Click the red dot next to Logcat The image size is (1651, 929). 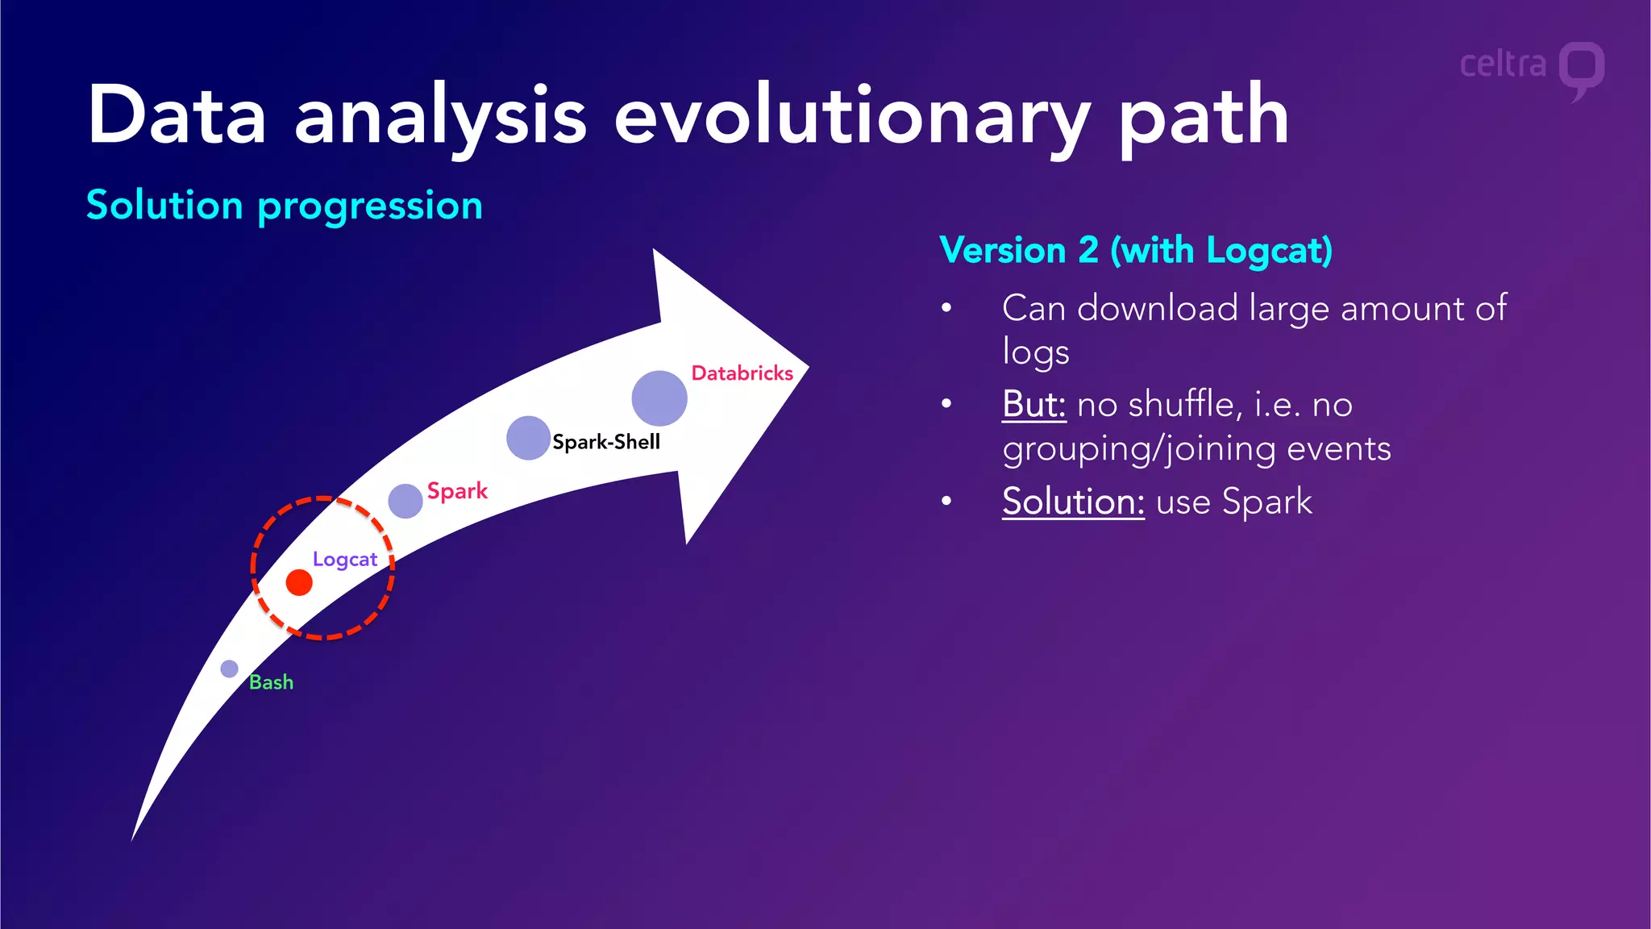point(299,582)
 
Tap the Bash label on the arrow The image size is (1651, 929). point(271,682)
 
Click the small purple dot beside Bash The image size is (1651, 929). point(230,669)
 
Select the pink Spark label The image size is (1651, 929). point(457,491)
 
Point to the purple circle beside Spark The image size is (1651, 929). point(405,501)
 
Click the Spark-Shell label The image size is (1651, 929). point(606,442)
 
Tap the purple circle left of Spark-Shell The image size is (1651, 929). point(528,438)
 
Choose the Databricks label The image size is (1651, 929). point(742,373)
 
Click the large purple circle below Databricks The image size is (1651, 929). point(659,398)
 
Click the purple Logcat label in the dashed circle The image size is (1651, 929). point(345,560)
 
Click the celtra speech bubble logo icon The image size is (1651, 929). point(1581,69)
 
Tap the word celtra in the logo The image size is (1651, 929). point(1503,65)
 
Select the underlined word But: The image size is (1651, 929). point(1033,404)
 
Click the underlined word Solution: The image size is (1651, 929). point(1073,502)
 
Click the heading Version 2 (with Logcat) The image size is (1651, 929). point(1136,251)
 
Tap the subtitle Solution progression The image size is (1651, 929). point(285,206)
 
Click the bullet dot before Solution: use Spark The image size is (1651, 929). point(947,502)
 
